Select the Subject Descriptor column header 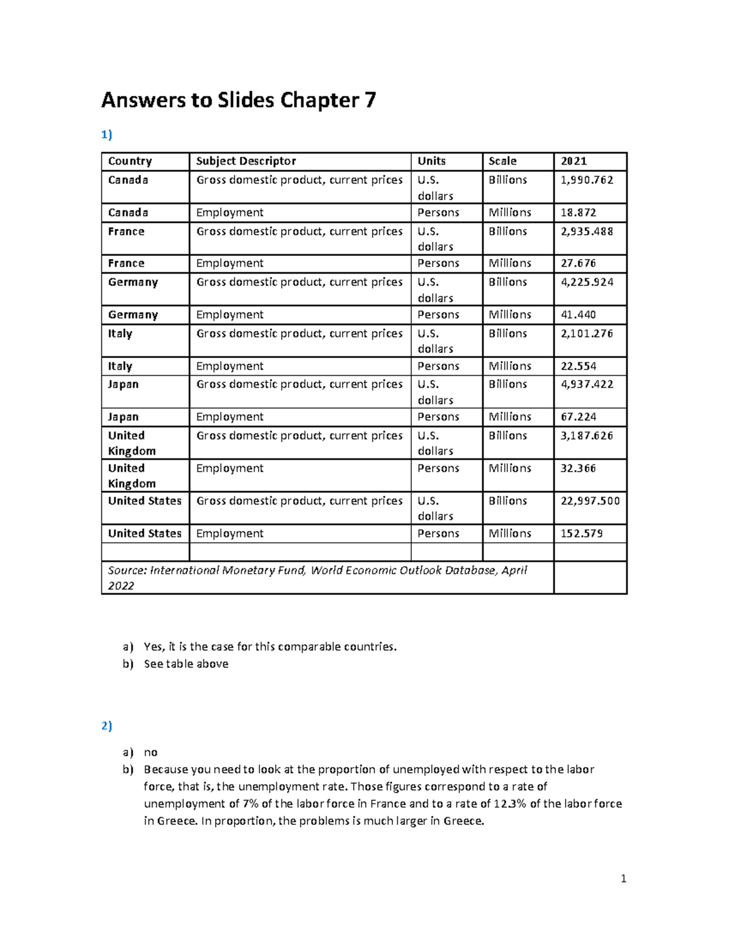tap(246, 161)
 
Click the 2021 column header tap(573, 161)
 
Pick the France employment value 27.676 tap(578, 263)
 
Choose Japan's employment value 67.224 tap(578, 417)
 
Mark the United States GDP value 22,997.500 tap(590, 501)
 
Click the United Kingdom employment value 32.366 tap(578, 469)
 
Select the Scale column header tap(502, 161)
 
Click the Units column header tap(431, 161)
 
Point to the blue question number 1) tap(107, 135)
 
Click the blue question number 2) tap(107, 726)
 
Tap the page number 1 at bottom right tap(623, 878)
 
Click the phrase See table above tap(186, 664)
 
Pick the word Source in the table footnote tap(126, 571)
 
